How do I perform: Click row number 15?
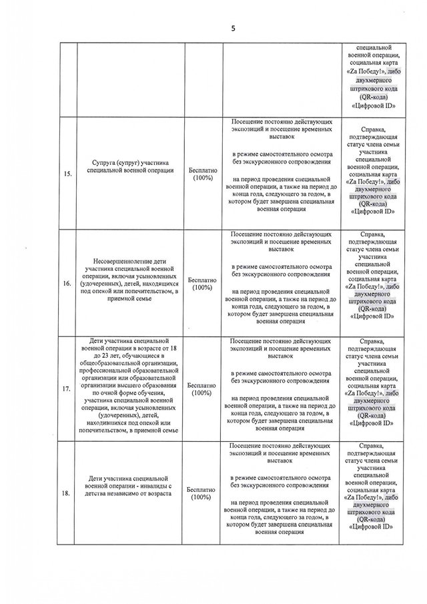point(67,175)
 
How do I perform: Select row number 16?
point(67,283)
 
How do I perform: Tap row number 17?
point(67,390)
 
